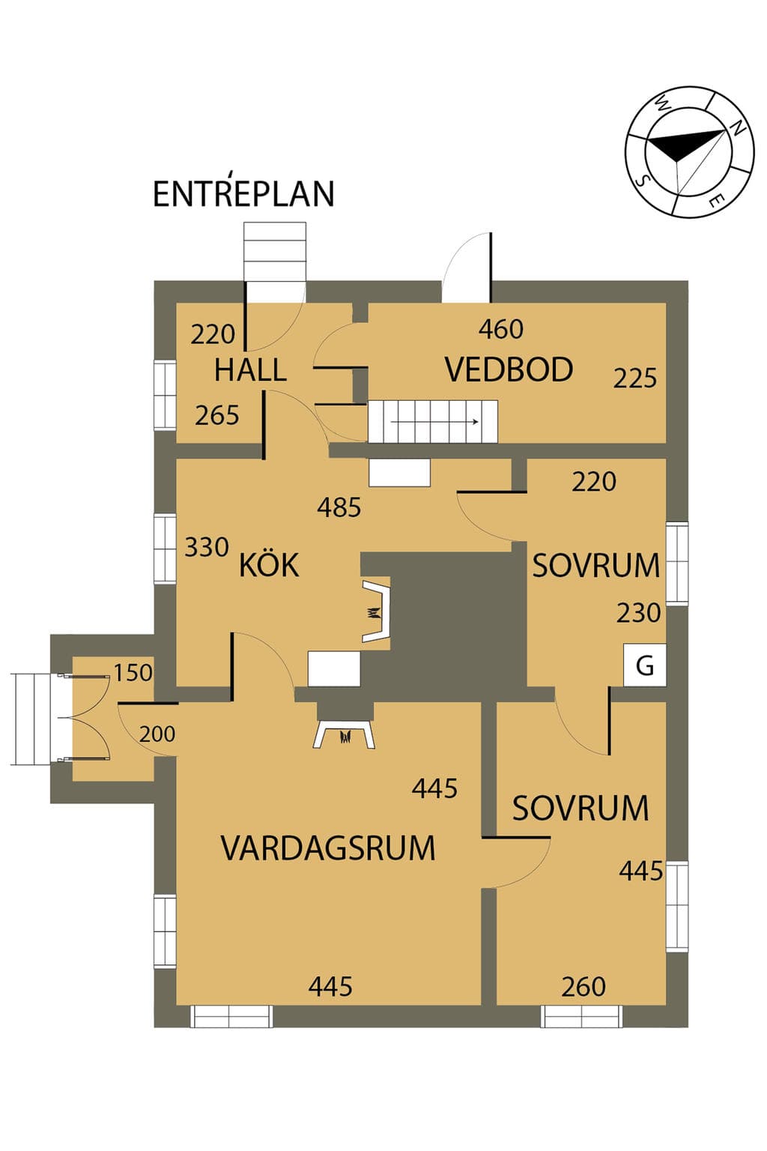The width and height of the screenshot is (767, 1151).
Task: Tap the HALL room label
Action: click(250, 370)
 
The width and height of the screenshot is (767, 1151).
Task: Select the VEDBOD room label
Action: click(509, 369)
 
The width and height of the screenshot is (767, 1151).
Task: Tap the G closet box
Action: click(645, 665)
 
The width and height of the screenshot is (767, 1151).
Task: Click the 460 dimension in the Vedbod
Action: click(501, 329)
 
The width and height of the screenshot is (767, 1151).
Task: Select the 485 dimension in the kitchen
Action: click(339, 507)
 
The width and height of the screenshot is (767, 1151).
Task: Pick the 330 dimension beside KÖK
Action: click(207, 547)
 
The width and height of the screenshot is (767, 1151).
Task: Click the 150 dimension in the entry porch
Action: click(133, 673)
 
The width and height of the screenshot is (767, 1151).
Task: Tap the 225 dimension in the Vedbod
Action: click(635, 378)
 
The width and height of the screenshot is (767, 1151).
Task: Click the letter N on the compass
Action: click(738, 128)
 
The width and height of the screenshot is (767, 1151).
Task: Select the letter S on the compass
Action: click(642, 180)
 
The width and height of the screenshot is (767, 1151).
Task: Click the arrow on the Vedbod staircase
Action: click(435, 422)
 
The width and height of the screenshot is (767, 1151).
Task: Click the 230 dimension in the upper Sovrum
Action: click(639, 613)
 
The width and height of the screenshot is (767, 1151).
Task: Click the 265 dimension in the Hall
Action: click(216, 415)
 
